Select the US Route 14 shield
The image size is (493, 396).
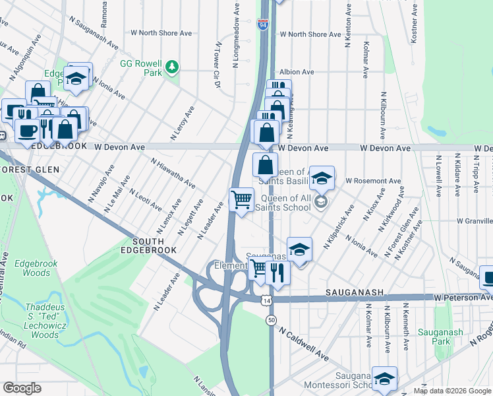266,300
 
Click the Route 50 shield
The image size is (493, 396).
272,319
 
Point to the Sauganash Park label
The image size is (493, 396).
451,337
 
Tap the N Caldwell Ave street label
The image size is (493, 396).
303,345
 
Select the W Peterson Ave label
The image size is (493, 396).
463,298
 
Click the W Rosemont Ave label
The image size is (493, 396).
372,180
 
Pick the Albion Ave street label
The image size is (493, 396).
296,71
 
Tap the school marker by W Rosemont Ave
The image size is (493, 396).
322,178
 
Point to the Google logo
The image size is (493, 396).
22,388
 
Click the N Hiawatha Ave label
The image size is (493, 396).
172,172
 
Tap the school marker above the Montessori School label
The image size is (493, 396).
384,378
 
